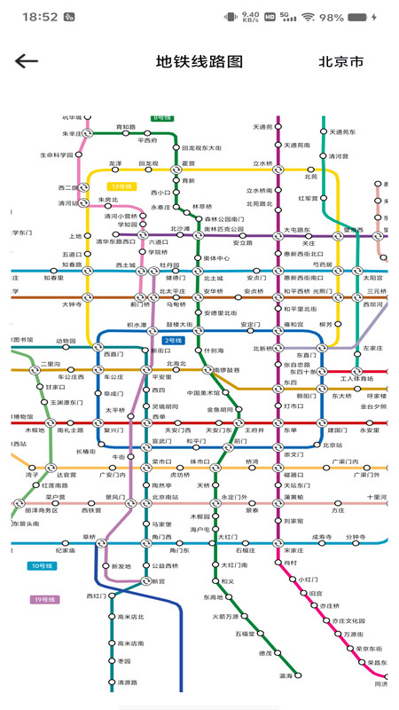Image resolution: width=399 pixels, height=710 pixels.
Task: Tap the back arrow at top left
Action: [x=27, y=61]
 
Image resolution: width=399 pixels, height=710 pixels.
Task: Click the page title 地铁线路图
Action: [x=199, y=62]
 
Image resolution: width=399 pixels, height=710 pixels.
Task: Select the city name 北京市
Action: [x=341, y=62]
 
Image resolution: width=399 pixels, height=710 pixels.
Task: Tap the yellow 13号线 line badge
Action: [x=121, y=186]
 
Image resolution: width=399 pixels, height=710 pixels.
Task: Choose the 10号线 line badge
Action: [x=42, y=565]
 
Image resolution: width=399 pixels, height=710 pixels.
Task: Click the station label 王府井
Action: [x=255, y=430]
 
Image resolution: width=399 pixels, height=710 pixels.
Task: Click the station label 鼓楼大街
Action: [x=184, y=326]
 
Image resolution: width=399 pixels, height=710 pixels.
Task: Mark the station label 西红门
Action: [x=97, y=596]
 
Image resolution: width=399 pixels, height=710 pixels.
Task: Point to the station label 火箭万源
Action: [x=225, y=616]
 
